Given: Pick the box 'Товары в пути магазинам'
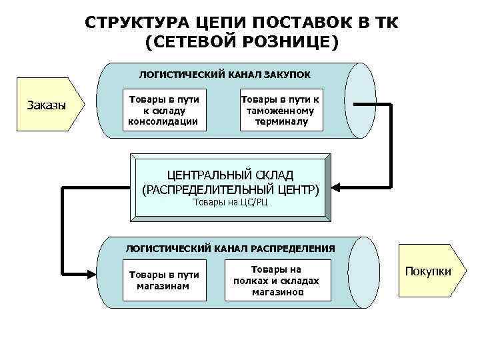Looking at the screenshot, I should coord(164,281).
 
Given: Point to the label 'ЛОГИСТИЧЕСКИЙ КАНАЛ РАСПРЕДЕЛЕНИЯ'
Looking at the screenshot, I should coord(231,248).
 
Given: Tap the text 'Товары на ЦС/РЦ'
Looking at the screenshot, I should coord(230,202).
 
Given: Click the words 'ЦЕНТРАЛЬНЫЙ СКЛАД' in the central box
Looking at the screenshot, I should coord(231,175).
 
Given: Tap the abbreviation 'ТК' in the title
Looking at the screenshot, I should coord(382,23).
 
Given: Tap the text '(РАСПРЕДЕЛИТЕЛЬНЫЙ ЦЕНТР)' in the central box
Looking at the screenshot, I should coord(231,189).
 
